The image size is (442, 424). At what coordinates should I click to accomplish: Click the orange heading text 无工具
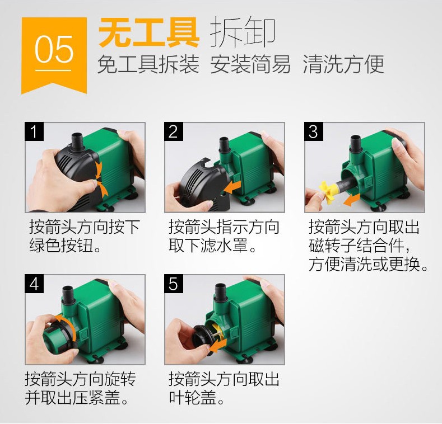coord(149,32)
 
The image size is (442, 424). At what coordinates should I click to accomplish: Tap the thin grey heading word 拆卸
coord(243,32)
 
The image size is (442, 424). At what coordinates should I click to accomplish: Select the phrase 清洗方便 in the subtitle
coord(343,64)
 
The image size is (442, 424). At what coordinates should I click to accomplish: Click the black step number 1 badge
coord(34,131)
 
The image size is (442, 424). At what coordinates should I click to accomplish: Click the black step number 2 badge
coord(174,131)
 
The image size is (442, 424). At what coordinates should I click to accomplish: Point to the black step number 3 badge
coord(314,131)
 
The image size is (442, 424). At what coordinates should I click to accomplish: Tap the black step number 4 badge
coord(34,284)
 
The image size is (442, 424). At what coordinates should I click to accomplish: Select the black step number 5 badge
coord(174,284)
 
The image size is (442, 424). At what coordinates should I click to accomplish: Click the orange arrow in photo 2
coord(233,187)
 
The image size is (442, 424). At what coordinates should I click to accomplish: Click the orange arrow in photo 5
coord(218,345)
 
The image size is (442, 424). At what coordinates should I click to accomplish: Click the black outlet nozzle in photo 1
coord(77,142)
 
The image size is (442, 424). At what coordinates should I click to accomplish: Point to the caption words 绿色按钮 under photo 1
coord(61,245)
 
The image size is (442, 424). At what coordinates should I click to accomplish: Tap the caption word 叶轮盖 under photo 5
coord(193,397)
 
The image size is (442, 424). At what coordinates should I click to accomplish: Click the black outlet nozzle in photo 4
coord(68,294)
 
